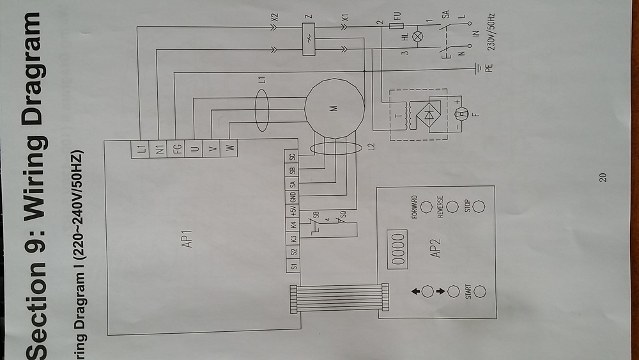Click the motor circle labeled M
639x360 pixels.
pyautogui.click(x=334, y=108)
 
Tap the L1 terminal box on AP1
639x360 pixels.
pyautogui.click(x=141, y=149)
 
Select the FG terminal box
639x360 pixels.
pyautogui.click(x=176, y=149)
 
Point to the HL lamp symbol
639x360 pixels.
pyautogui.click(x=419, y=37)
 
